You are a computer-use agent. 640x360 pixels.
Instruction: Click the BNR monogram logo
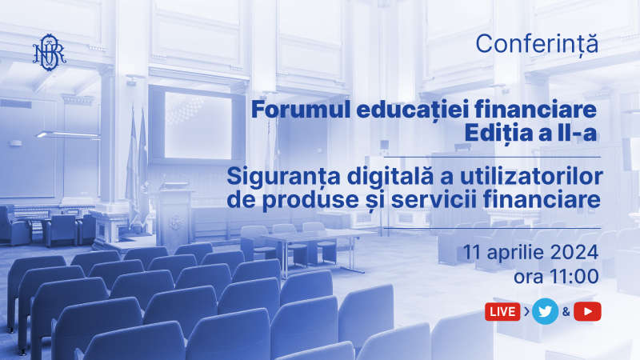point(50,52)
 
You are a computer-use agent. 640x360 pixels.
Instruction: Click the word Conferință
point(537,45)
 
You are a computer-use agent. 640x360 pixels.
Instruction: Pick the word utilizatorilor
point(531,176)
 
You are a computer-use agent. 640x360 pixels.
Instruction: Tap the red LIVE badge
point(502,312)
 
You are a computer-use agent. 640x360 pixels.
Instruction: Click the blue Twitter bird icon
point(546,311)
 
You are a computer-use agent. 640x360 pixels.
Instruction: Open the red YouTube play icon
point(587,311)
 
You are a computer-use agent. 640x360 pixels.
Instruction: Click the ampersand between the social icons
point(566,312)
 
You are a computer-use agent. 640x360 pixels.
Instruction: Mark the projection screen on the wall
point(198,126)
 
